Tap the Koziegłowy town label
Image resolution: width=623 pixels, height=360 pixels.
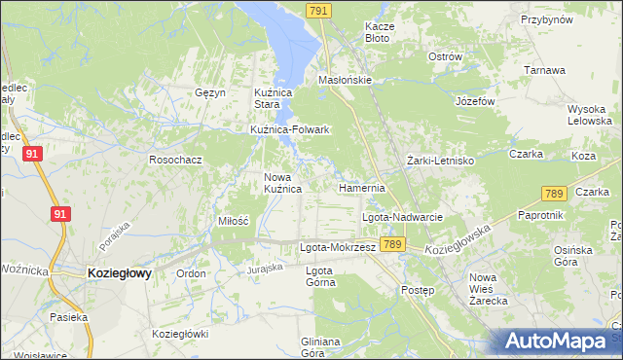pos(119,274)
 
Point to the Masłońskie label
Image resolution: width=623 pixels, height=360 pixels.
pos(346,81)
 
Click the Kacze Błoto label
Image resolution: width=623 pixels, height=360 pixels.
pos(377,32)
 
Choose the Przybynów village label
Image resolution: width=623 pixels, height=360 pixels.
pos(546,19)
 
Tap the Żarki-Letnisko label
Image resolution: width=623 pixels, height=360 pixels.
pos(439,160)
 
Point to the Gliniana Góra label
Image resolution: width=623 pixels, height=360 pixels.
pos(320,347)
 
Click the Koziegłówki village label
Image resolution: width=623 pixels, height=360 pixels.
pos(180,334)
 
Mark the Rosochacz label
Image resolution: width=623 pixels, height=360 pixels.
pos(175,159)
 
